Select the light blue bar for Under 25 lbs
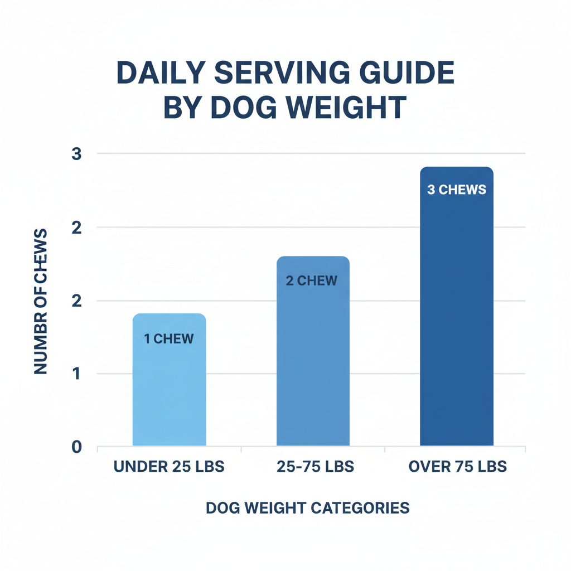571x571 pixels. [169, 390]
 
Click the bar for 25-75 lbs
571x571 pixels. [313, 362]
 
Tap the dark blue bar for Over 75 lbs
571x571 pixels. [457, 323]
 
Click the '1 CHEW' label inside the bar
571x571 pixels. [169, 338]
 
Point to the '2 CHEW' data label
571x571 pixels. [312, 280]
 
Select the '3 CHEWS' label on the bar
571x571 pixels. [457, 190]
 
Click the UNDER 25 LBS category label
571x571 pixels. [169, 467]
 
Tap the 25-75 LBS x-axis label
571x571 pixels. [315, 467]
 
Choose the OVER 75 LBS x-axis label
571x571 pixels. [457, 467]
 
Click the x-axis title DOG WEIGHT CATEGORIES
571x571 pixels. [308, 508]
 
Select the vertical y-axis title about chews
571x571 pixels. [41, 301]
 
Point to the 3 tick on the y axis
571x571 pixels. [77, 154]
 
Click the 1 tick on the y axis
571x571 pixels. [77, 374]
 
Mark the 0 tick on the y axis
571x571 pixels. [77, 447]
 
